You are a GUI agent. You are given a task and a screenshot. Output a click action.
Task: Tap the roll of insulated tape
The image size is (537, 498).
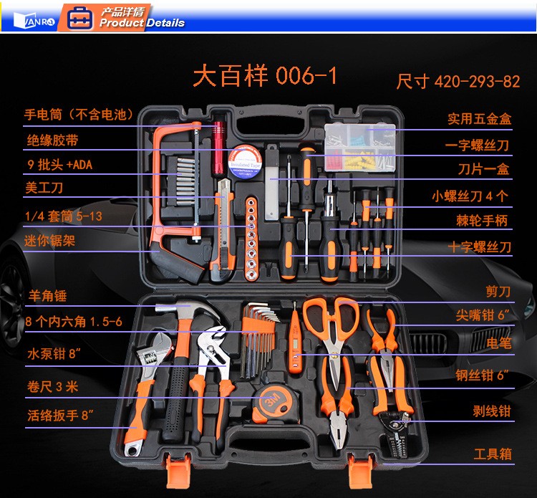click(x=245, y=161)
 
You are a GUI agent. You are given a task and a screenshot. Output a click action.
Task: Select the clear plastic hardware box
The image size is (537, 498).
click(x=359, y=148)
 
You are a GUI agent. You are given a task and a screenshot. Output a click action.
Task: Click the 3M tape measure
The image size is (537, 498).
click(x=276, y=403)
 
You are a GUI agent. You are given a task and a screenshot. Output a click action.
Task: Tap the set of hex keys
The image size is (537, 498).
click(x=258, y=340)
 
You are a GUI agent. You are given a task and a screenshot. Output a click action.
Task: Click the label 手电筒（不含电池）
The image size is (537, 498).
click(x=79, y=115)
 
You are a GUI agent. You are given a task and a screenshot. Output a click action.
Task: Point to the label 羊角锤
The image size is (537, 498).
click(x=47, y=295)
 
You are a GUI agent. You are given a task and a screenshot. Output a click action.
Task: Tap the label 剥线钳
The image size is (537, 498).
click(x=492, y=411)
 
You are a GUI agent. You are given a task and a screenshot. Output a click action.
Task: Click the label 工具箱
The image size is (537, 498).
click(x=493, y=454)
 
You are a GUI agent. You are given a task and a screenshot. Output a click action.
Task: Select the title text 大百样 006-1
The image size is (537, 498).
click(x=265, y=75)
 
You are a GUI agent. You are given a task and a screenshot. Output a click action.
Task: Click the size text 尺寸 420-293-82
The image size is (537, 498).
click(x=458, y=82)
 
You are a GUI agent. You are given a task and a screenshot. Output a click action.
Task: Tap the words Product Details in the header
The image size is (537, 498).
click(x=142, y=23)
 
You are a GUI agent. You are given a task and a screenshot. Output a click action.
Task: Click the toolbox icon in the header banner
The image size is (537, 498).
click(x=79, y=18)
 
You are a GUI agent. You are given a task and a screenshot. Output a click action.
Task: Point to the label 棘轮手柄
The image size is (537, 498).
click(x=482, y=221)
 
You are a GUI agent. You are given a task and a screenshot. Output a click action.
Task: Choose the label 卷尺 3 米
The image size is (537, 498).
click(x=53, y=387)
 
